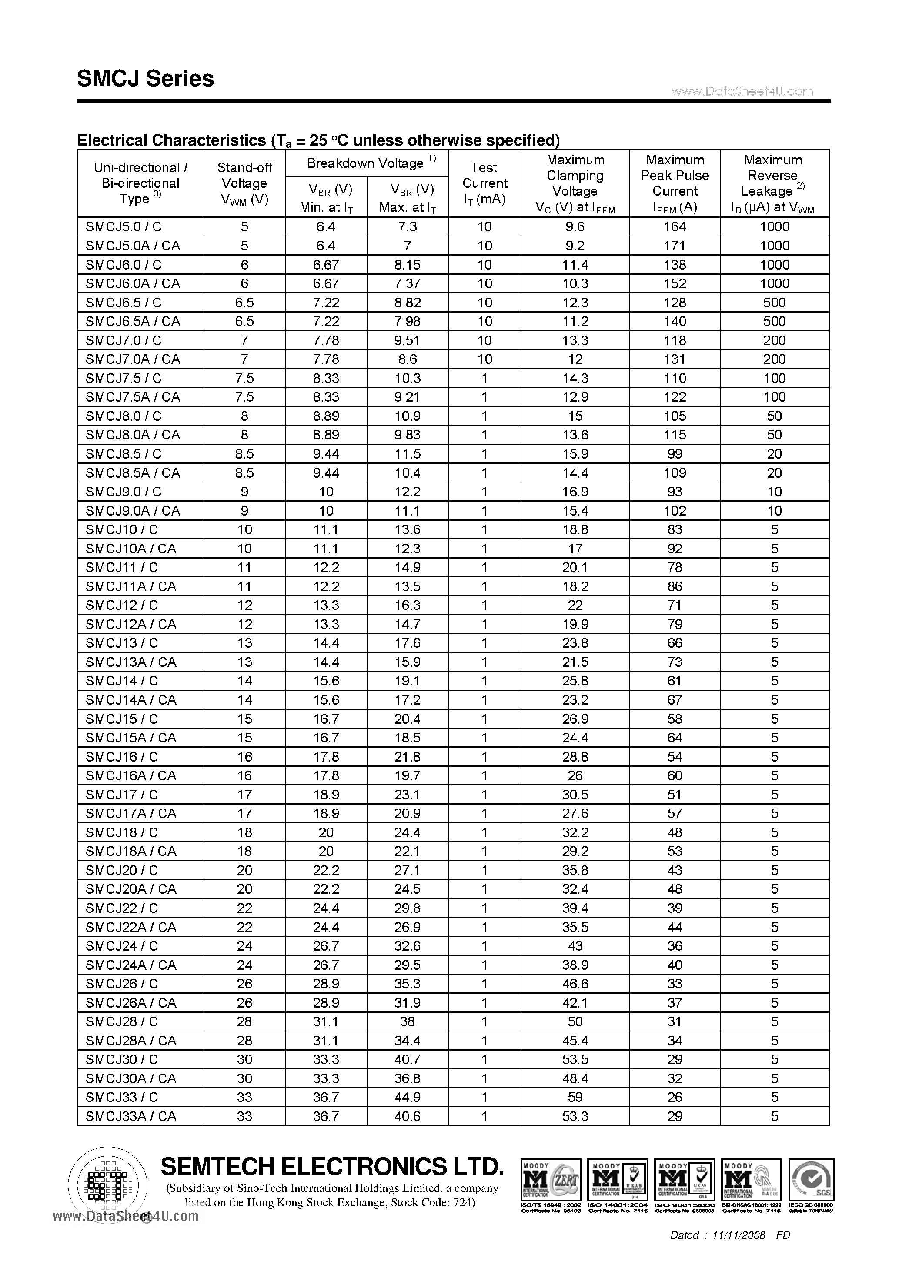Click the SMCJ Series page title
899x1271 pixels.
(146, 79)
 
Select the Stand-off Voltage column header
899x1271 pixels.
(244, 183)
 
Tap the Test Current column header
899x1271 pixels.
(484, 183)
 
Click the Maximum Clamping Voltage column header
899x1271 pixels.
(575, 183)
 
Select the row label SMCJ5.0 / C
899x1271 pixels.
(124, 226)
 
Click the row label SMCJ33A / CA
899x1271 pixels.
(131, 1116)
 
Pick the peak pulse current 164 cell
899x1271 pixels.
(675, 226)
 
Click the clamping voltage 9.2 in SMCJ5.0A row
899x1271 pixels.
(575, 245)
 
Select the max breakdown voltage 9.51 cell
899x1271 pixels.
(407, 340)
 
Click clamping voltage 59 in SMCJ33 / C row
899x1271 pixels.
(575, 1097)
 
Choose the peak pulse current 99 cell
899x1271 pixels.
(675, 454)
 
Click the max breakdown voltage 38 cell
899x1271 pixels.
(407, 1021)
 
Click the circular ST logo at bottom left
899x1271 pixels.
(107, 1184)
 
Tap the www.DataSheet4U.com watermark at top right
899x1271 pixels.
(742, 91)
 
